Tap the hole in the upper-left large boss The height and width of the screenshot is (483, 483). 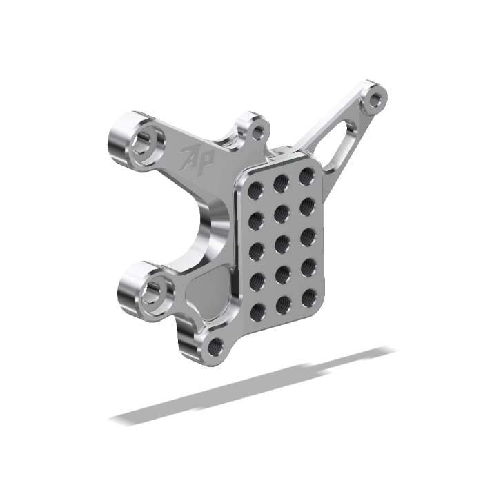click(x=145, y=142)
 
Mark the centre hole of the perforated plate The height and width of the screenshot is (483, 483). click(x=282, y=244)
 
